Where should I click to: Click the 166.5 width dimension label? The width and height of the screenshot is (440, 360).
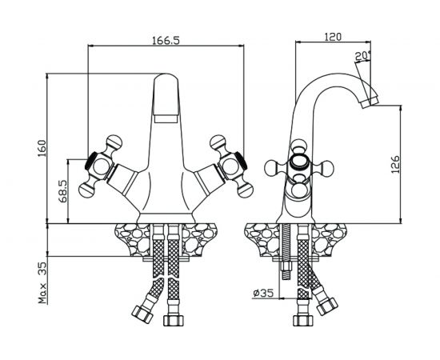coord(166,41)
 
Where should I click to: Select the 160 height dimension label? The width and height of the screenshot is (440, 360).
coord(42,149)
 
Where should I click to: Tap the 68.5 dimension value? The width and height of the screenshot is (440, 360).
coord(63,191)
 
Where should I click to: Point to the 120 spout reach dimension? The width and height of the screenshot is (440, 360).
coord(333,37)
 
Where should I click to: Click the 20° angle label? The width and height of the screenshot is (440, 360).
coord(362,56)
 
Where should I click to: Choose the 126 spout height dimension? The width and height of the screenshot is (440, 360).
coord(395,164)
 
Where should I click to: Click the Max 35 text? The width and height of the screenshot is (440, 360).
coord(43,283)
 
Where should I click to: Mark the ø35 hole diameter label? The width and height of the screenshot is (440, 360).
coord(263,294)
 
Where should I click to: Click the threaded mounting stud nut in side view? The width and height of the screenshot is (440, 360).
coord(286,267)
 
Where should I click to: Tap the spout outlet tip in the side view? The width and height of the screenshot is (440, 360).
coord(370,102)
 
